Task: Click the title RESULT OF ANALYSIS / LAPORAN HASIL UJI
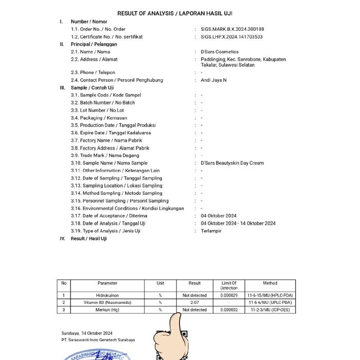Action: click(x=178, y=13)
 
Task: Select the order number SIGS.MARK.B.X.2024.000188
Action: click(x=232, y=29)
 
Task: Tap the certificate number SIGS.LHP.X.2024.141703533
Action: click(x=232, y=37)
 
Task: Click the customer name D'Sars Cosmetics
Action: click(x=220, y=52)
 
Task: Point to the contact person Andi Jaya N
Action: click(x=213, y=80)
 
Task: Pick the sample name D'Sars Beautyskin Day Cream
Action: click(x=232, y=163)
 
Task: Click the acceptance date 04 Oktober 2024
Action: click(x=219, y=216)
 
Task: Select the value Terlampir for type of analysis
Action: click(x=210, y=231)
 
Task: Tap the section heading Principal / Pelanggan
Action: click(x=94, y=44)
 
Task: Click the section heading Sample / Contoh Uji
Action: click(x=92, y=88)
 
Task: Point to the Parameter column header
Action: click(x=107, y=283)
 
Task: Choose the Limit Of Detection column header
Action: click(x=229, y=285)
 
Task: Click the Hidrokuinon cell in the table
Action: click(x=107, y=296)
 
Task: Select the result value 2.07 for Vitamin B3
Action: click(x=194, y=303)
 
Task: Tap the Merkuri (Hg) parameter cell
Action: click(x=107, y=310)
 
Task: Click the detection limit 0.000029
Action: click(x=229, y=296)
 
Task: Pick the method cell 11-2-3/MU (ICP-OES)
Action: click(x=270, y=310)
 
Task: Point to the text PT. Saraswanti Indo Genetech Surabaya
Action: click(x=98, y=340)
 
